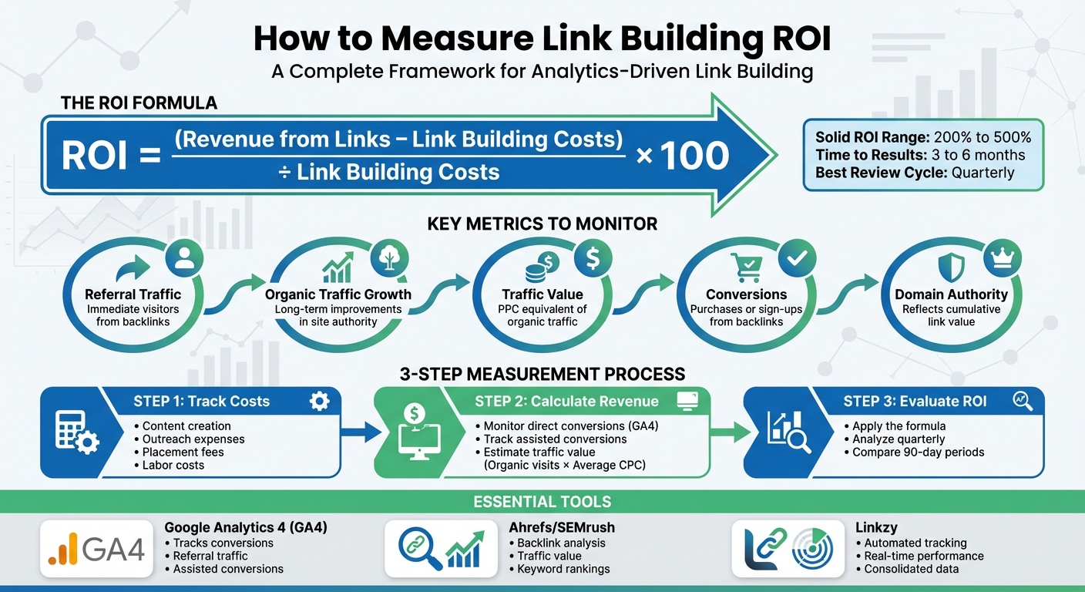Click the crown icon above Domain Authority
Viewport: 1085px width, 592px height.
pyautogui.click(x=1003, y=259)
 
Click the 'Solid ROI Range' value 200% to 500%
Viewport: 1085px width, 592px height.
pyautogui.click(x=982, y=137)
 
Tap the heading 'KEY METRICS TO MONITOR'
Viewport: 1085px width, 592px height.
pyautogui.click(x=542, y=224)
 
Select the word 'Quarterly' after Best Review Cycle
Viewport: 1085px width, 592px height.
pyautogui.click(x=983, y=173)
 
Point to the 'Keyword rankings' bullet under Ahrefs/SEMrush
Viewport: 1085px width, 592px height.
pyautogui.click(x=563, y=569)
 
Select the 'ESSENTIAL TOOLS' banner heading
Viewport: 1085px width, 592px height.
pyautogui.click(x=542, y=502)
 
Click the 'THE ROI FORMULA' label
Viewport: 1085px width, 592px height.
pyautogui.click(x=139, y=103)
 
